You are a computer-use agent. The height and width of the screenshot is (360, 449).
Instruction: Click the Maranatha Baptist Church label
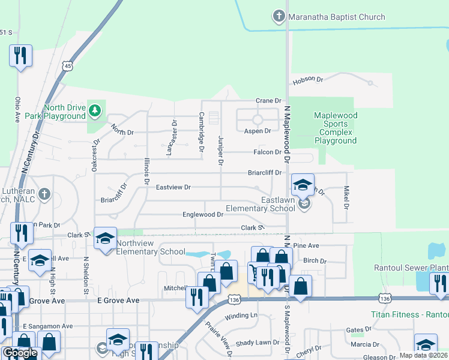[x=337, y=17]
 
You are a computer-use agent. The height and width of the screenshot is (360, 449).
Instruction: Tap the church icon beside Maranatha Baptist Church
[x=279, y=16]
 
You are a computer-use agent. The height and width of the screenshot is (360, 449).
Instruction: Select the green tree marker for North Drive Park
[x=94, y=110]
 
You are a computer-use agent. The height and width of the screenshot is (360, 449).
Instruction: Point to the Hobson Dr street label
[x=308, y=79]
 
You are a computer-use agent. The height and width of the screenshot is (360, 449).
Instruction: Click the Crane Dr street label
[x=268, y=101]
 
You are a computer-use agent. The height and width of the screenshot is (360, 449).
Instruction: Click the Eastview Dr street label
[x=173, y=187]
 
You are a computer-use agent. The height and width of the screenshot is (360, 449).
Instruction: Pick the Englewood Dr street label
[x=203, y=214]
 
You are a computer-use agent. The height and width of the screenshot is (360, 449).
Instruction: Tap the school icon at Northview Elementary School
[x=105, y=239]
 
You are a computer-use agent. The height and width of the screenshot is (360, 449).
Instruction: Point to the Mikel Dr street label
[x=346, y=197]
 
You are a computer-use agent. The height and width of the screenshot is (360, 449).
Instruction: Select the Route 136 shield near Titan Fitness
[x=385, y=298]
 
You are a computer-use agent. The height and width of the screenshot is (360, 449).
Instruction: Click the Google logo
[x=20, y=353]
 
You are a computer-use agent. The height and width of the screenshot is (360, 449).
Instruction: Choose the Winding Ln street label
[x=241, y=316]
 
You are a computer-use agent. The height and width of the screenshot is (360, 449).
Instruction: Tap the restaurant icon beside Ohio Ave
[x=20, y=56]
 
